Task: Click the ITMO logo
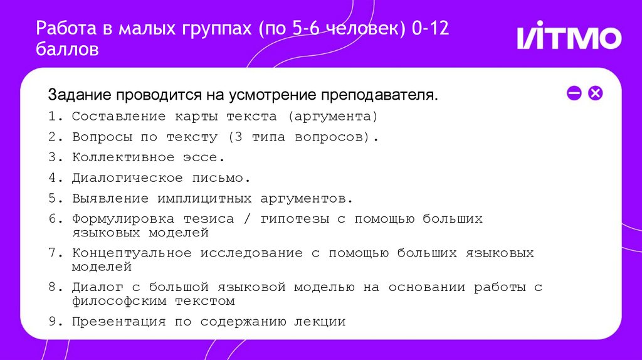[x=569, y=38]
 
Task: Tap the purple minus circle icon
[x=574, y=93]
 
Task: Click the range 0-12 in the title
[x=430, y=29]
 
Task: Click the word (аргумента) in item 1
[x=333, y=117]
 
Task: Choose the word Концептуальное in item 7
[x=132, y=253]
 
